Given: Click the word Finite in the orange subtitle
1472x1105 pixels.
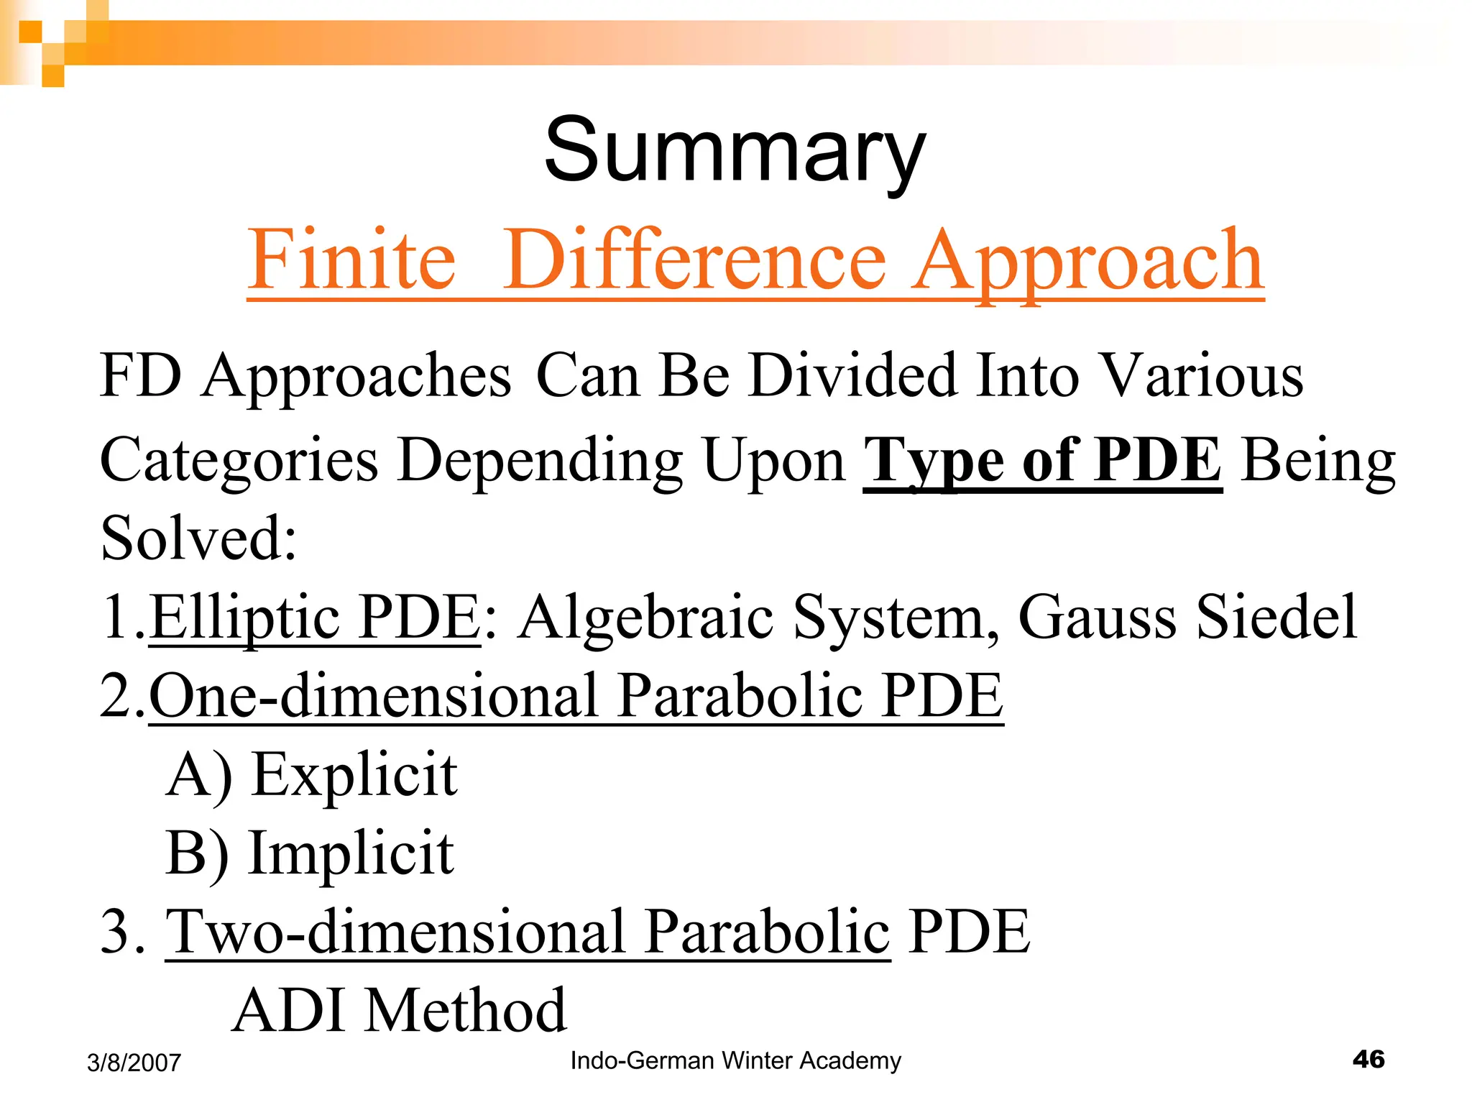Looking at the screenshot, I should pos(351,260).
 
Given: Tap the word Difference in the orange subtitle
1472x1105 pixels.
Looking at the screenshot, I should pos(694,260).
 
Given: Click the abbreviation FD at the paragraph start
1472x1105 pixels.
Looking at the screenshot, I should pos(141,375).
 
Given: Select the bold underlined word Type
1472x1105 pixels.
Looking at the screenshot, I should pos(934,461).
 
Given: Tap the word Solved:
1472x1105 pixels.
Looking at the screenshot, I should pos(198,539).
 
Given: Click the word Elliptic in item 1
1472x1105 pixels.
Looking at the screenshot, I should pos(245,618).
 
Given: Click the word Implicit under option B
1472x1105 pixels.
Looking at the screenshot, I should pos(351,853).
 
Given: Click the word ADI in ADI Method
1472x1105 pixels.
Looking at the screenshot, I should pos(288,1011).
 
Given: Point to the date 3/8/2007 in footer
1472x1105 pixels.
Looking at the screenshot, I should pos(134,1063).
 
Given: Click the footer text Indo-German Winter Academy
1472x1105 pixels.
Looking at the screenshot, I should pos(735,1060).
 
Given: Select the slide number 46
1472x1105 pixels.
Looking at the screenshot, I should pos(1368,1059).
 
